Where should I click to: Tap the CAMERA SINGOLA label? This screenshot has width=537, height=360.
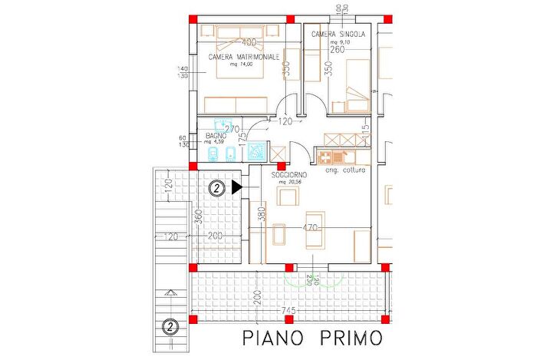coord(338,35)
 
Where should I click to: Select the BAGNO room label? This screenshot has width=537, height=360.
coord(216,135)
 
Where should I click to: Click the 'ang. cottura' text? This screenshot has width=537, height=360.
coord(345,170)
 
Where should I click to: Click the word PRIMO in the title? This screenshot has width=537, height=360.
coord(349,338)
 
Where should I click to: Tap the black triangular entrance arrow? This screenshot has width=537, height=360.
coord(236,187)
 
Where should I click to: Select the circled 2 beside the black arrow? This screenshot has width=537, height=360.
coord(217,187)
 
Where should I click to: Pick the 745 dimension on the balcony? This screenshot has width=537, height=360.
coord(288,309)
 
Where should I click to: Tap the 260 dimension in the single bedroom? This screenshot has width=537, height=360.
coord(337,50)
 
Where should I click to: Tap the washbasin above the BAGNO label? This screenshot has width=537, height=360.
coord(222,123)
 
